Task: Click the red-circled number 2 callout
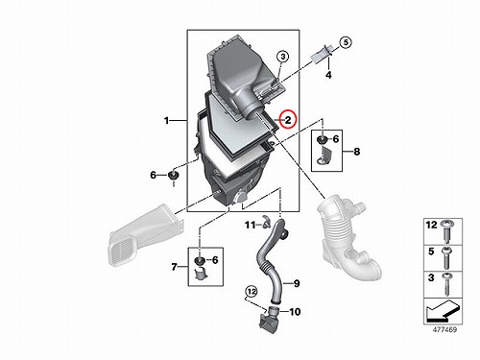click(288, 119)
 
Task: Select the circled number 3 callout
click(283, 57)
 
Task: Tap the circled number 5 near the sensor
click(346, 42)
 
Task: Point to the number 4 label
click(328, 75)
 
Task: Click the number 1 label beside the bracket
click(166, 121)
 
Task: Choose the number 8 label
click(356, 151)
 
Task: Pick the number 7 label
click(174, 267)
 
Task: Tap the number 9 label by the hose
click(297, 283)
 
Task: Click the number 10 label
click(295, 311)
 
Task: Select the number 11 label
click(251, 225)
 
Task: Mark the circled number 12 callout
click(252, 292)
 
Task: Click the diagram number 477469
click(444, 329)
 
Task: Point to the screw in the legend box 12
click(445, 231)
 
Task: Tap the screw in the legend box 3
click(445, 284)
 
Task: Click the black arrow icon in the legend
click(443, 311)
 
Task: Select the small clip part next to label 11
click(265, 223)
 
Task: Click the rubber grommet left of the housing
click(173, 176)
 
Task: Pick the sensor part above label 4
click(322, 55)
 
